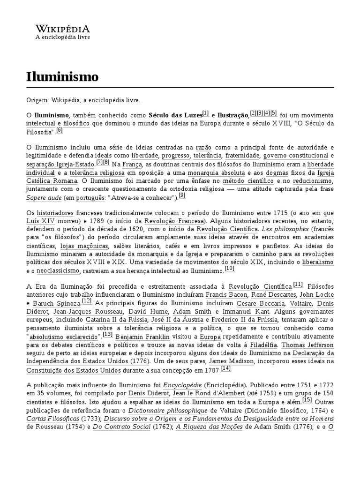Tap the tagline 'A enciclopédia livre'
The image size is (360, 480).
click(x=63, y=37)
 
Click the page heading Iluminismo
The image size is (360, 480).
click(x=62, y=76)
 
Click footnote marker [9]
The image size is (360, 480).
click(x=182, y=195)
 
